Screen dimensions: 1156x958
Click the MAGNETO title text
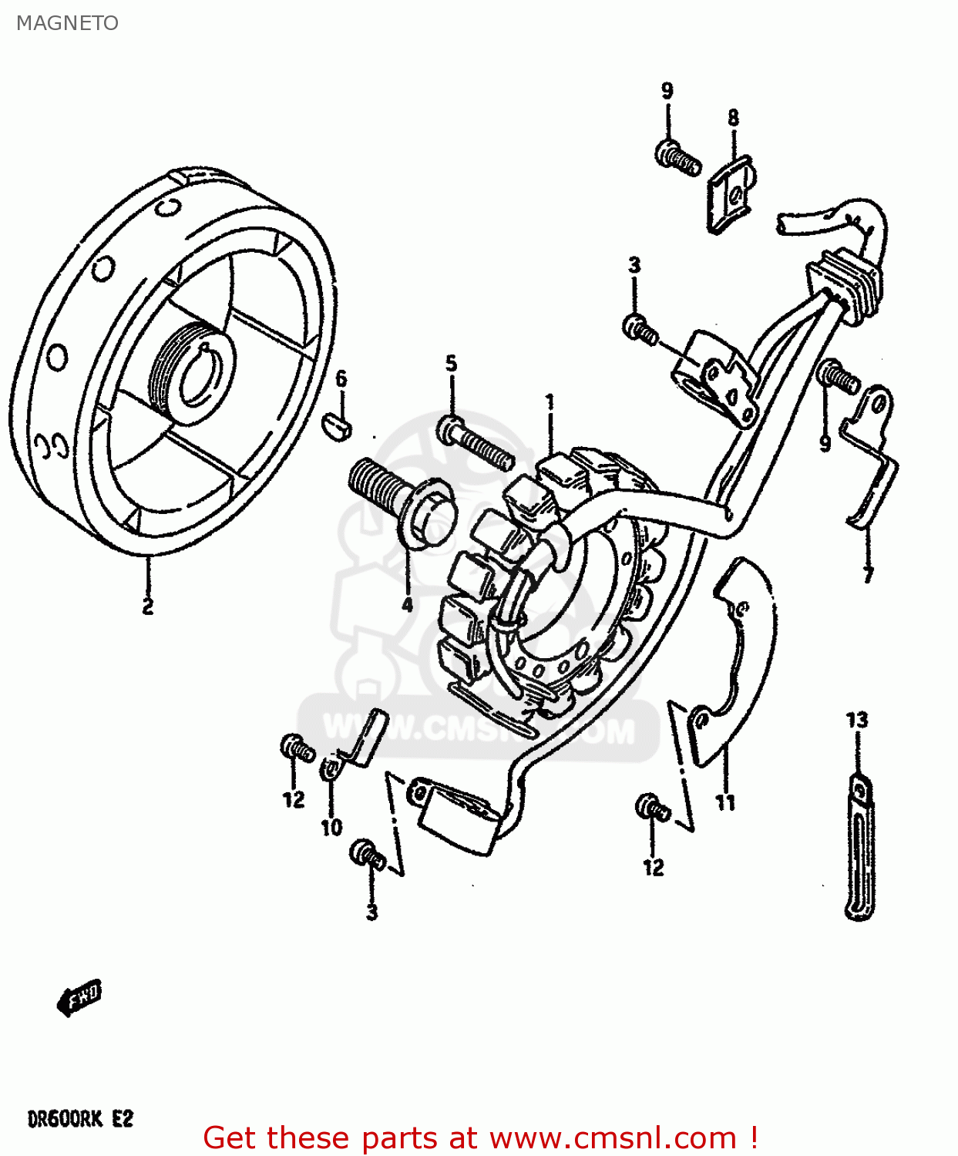point(68,23)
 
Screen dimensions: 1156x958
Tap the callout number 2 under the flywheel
point(147,607)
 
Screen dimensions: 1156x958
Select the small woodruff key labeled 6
point(337,425)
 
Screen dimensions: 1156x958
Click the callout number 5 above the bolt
point(451,364)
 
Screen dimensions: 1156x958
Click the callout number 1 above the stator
point(550,402)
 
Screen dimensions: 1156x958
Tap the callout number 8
point(733,118)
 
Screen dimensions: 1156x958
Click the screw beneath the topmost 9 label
point(677,156)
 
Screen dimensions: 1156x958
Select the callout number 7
point(868,575)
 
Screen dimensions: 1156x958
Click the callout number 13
point(857,721)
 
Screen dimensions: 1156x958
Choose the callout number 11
point(725,803)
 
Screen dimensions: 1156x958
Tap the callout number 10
point(331,828)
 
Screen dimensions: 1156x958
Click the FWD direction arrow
point(79,999)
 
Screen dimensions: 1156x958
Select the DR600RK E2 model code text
point(80,1118)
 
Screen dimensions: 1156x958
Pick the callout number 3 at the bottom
point(371,913)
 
